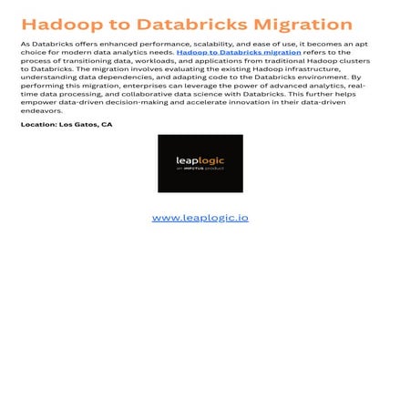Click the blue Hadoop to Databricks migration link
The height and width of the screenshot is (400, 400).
[x=239, y=53]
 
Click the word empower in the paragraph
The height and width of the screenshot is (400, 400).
[x=38, y=101]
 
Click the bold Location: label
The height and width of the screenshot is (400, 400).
[x=39, y=124]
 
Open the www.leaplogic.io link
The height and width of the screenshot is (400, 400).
[x=200, y=218]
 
